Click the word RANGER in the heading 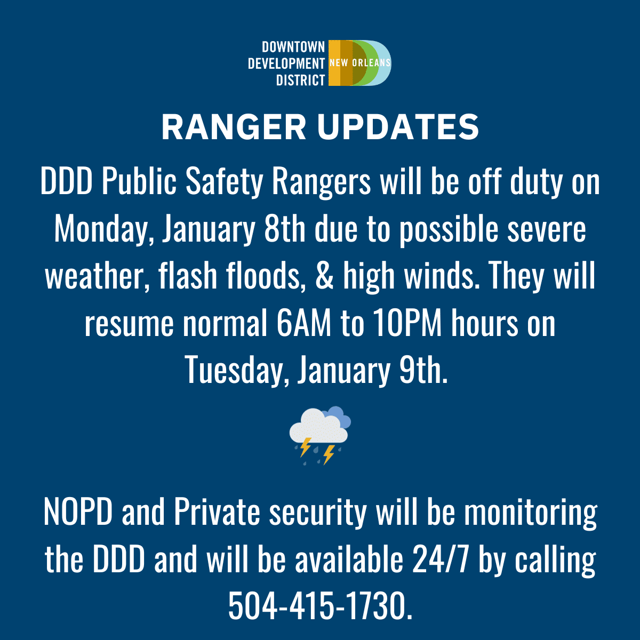tap(234, 127)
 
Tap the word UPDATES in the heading tap(398, 127)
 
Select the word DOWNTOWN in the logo tap(293, 47)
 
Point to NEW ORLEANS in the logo tap(360, 63)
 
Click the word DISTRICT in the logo tap(301, 80)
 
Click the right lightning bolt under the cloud tap(329, 454)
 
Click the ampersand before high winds tap(324, 276)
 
